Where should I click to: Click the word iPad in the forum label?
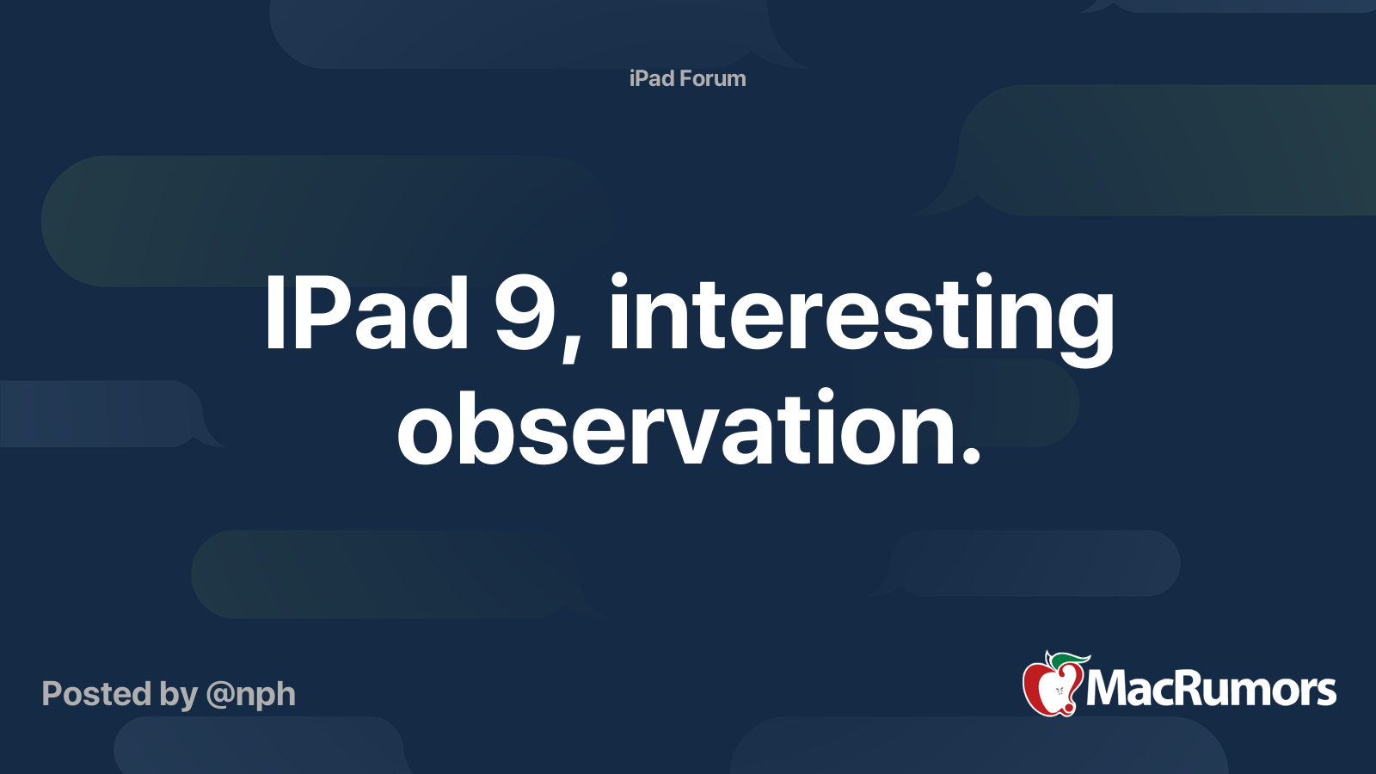[x=651, y=78]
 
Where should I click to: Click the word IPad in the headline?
[x=366, y=314]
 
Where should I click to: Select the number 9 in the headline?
[x=525, y=314]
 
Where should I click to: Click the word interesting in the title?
[x=861, y=314]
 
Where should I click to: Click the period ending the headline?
[x=971, y=456]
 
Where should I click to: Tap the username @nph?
[x=250, y=695]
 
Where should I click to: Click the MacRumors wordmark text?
[x=1211, y=689]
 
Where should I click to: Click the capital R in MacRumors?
[x=1192, y=689]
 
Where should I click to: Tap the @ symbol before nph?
[x=220, y=695]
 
